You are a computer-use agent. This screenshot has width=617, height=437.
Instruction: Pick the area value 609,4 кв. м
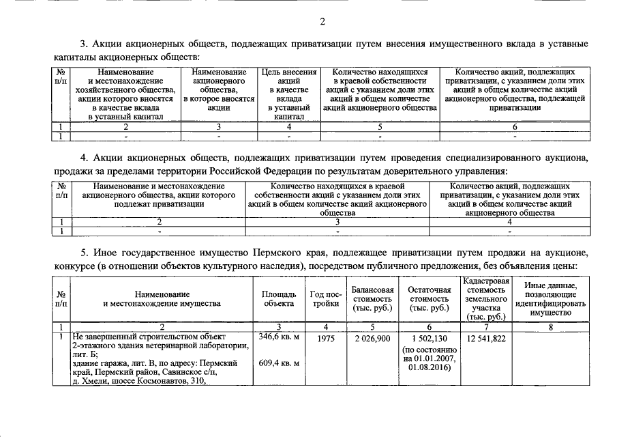click(278, 363)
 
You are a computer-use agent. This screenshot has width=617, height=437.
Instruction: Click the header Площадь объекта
click(278, 298)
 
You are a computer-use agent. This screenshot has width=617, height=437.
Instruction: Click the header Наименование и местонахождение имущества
click(162, 298)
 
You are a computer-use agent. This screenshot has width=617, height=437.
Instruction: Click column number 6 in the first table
click(515, 126)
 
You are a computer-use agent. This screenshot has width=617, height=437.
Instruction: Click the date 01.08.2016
click(430, 367)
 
